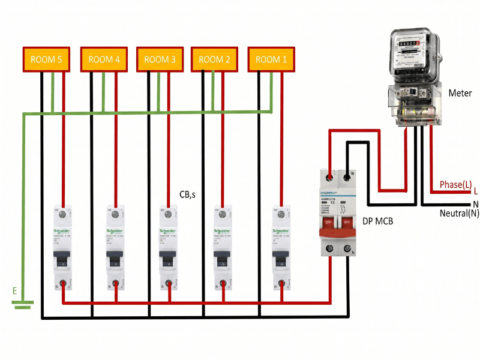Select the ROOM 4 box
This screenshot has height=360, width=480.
[x=104, y=59]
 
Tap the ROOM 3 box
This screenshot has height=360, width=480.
[x=160, y=59]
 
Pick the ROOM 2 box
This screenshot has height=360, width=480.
[x=215, y=59]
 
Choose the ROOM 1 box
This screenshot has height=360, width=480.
[x=272, y=59]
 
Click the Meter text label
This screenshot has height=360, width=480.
[x=460, y=93]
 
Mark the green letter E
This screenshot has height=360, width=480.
[x=14, y=291]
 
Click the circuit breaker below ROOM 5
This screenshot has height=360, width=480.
[x=62, y=246]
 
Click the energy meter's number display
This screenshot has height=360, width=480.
[x=409, y=44]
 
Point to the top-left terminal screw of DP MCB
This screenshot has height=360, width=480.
[x=329, y=177]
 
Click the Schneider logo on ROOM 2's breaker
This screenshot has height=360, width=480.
[x=222, y=232]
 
